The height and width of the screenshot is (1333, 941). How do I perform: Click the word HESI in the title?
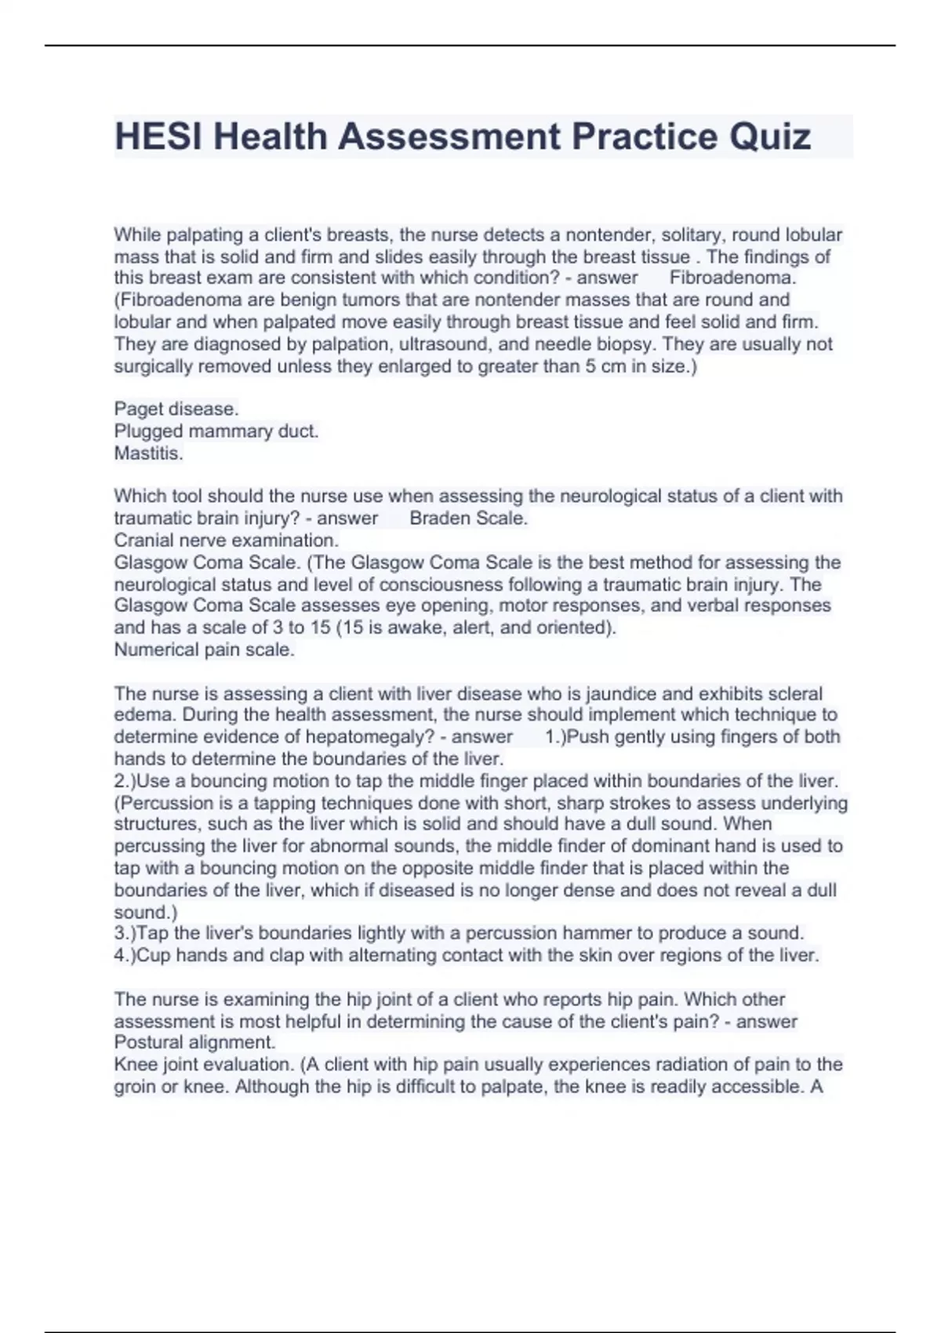(158, 136)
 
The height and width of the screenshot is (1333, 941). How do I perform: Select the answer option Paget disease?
(176, 409)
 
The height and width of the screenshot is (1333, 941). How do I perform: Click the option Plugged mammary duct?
(216, 430)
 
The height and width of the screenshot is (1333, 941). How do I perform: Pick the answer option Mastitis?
(148, 452)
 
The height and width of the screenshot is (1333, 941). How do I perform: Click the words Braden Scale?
(468, 518)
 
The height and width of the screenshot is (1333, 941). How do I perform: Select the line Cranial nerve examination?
(227, 539)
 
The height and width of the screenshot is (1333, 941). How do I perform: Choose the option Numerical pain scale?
(205, 649)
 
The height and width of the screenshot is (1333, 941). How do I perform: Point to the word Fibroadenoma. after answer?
(732, 278)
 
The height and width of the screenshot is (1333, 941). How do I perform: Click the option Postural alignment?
(194, 1042)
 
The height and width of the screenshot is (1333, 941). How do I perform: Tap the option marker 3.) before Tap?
(125, 933)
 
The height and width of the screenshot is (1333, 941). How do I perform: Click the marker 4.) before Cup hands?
(125, 955)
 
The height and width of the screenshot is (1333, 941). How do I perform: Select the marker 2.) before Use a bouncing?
(125, 781)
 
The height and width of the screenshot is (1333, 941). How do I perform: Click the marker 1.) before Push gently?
(556, 736)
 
